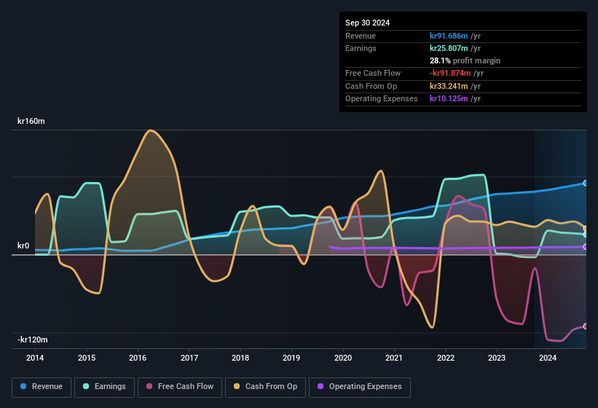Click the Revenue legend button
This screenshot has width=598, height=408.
42,387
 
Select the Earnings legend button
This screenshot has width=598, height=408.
103,387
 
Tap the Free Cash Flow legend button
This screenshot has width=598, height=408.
180,387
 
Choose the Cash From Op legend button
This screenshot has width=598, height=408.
264,387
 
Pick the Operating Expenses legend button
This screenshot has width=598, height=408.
360,387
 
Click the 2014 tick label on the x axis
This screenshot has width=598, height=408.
35,358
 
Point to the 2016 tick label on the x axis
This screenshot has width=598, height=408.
138,358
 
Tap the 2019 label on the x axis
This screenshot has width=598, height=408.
291,358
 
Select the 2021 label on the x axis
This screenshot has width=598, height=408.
394,358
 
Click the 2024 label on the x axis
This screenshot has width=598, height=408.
548,358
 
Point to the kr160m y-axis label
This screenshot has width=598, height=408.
31,122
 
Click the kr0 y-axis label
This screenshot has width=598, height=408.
23,246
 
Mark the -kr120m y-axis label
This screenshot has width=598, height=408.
33,340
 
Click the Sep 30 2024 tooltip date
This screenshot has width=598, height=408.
367,23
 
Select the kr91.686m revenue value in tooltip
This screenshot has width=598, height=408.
449,36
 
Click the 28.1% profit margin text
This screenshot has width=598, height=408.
465,60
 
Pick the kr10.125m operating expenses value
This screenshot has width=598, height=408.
449,98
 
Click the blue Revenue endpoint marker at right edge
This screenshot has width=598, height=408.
586,183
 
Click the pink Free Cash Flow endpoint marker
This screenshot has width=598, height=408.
586,326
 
